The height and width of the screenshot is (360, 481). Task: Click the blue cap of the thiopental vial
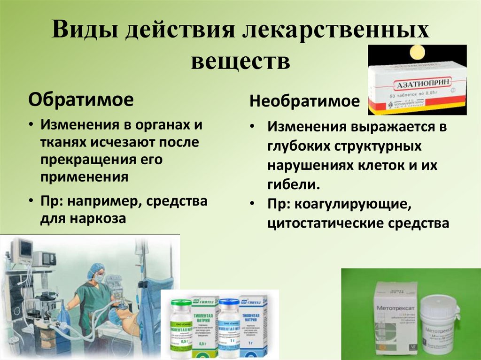pyautogui.click(x=228, y=305)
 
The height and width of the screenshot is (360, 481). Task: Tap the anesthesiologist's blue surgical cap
pyautogui.click(x=97, y=268)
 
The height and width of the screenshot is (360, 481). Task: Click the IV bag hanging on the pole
pyautogui.click(x=140, y=246)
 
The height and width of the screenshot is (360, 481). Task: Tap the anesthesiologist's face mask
pyautogui.click(x=99, y=277)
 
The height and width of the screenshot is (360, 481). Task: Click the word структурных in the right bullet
pyautogui.click(x=372, y=146)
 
